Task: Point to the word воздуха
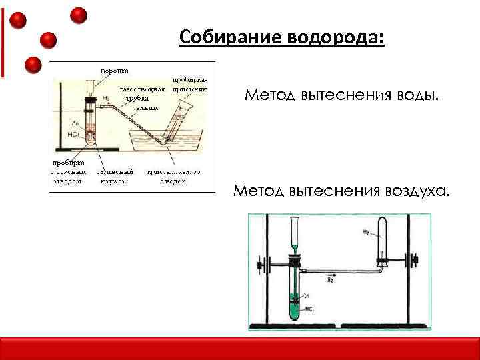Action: click(x=416, y=191)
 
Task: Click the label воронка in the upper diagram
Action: click(x=115, y=69)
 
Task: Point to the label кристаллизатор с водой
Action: click(x=175, y=175)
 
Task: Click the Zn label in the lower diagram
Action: click(x=307, y=295)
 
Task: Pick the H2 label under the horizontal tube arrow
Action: click(x=331, y=281)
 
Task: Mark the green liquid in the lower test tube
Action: click(x=293, y=308)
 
